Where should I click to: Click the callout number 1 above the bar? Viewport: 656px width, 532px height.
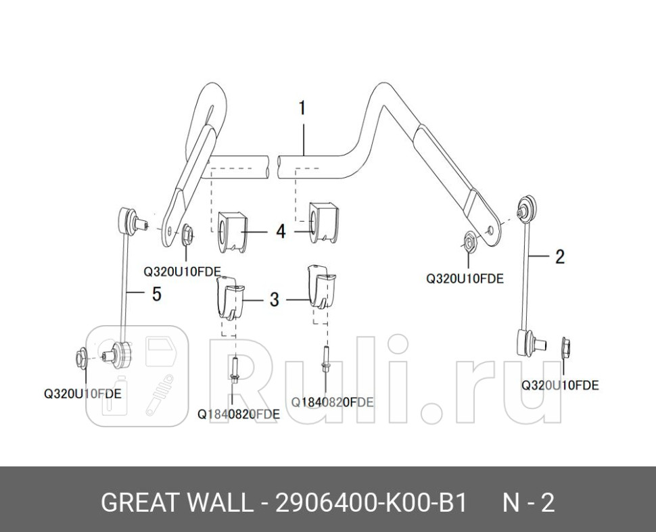(302, 108)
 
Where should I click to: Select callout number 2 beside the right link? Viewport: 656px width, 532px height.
(560, 256)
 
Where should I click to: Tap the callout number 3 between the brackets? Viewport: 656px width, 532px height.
(274, 299)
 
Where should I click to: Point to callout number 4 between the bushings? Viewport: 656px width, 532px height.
(281, 231)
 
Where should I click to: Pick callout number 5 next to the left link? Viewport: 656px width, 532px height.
(156, 294)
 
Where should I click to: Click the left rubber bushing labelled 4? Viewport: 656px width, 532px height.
(230, 232)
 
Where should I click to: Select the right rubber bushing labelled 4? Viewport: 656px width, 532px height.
(323, 222)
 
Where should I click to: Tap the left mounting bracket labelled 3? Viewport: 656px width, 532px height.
(230, 299)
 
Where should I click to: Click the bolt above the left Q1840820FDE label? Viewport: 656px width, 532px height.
(234, 368)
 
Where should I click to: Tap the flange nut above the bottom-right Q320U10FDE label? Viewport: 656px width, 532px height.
(565, 347)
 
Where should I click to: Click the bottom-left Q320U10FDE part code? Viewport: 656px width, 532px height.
(83, 393)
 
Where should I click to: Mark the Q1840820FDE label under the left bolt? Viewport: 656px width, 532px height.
(239, 414)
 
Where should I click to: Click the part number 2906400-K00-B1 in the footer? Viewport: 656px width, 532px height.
(370, 502)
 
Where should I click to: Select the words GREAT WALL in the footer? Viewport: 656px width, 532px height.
(176, 502)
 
